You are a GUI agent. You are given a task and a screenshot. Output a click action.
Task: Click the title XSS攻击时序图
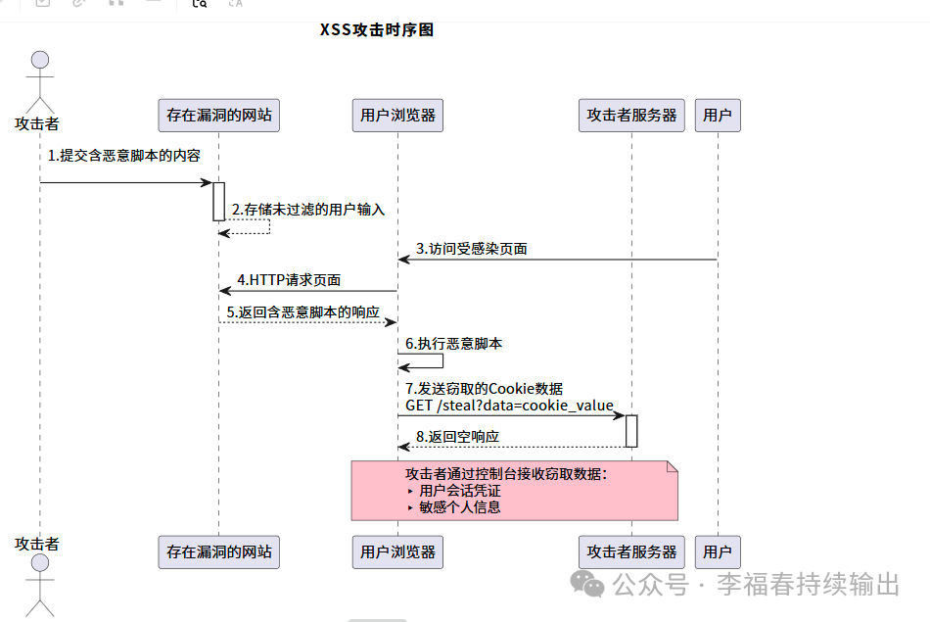377,30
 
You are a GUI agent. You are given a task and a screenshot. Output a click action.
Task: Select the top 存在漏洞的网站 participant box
219,116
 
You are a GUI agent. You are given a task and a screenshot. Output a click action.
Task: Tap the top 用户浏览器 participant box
397,116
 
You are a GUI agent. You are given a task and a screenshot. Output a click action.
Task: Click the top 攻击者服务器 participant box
631,116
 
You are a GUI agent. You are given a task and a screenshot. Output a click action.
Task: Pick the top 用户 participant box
718,116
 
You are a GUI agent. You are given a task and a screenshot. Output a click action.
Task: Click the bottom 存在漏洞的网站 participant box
219,552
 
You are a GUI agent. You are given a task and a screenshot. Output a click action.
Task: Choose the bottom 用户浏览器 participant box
397,552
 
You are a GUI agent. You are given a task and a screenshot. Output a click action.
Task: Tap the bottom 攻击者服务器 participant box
631,552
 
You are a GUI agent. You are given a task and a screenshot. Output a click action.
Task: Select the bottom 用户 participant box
718,552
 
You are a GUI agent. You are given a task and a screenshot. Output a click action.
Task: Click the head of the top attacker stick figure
40,57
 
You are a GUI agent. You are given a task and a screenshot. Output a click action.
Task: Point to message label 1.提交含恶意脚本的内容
124,156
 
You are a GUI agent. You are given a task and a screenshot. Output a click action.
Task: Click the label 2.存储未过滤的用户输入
308,211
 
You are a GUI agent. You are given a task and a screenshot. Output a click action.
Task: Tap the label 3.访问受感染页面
472,249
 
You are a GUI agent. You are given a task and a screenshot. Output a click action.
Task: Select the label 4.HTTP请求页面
289,280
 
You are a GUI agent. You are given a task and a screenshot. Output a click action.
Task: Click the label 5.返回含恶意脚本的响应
309,311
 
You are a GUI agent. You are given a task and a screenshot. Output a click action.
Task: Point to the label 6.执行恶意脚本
454,344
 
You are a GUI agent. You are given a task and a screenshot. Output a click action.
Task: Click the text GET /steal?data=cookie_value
510,406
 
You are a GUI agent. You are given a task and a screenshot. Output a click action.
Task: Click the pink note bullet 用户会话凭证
459,491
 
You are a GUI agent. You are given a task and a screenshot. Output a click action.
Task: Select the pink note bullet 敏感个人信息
459,507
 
